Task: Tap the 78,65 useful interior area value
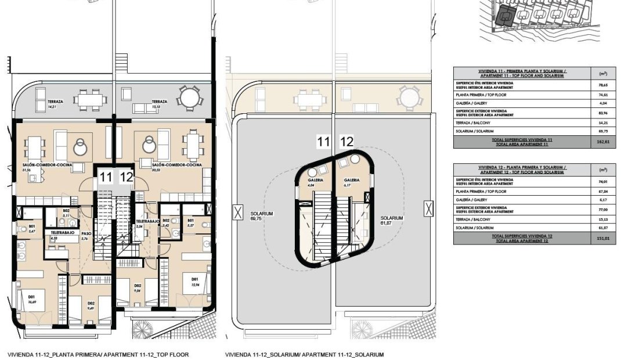tap(602, 84)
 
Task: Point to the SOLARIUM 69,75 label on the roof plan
tap(262, 217)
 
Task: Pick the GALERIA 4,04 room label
tap(315, 182)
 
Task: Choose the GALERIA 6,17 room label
tap(351, 182)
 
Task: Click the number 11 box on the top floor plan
tap(105, 177)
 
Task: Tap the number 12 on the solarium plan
tap(346, 141)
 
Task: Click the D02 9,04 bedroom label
tap(138, 288)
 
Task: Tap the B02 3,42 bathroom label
tap(166, 223)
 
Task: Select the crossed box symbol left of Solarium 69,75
tap(237, 213)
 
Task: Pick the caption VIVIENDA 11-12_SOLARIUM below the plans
tap(304, 354)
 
